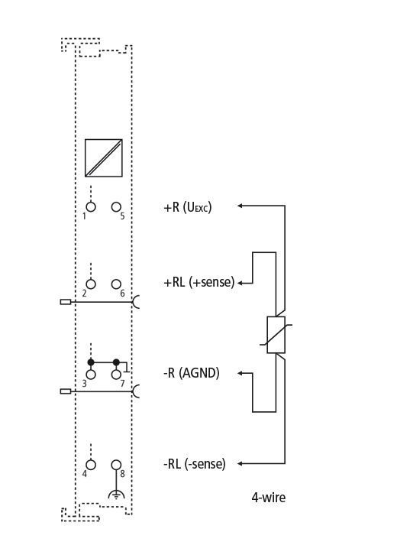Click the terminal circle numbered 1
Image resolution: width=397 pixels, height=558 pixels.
tap(91, 206)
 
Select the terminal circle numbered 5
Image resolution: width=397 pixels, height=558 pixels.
tap(116, 206)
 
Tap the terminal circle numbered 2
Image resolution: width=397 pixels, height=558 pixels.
tap(91, 284)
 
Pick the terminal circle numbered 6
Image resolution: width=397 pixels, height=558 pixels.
tap(116, 284)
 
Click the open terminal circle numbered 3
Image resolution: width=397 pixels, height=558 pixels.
tap(91, 375)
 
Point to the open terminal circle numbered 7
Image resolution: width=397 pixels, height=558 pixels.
tap(116, 375)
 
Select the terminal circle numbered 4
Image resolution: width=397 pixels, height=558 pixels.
tap(91, 465)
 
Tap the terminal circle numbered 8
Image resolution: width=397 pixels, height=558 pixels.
tap(116, 465)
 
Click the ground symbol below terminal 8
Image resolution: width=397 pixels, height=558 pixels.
tap(116, 495)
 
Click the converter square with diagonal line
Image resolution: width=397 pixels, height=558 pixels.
tap(104, 158)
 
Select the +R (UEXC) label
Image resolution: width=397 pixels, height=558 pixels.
tap(188, 207)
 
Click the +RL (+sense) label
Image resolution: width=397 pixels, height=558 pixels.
tap(199, 282)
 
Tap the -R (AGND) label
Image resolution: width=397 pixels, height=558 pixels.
tap(192, 373)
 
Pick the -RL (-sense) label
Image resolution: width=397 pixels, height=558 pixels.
tap(195, 464)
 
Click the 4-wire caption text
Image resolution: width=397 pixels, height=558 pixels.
tap(268, 497)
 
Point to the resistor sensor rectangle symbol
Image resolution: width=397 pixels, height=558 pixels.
tap(276, 335)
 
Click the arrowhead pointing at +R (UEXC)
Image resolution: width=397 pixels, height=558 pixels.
tap(240, 206)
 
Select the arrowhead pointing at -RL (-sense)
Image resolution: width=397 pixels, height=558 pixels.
tap(240, 463)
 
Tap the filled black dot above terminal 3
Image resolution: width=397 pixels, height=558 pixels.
tap(91, 362)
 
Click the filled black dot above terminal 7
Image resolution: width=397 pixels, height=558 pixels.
tap(116, 362)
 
